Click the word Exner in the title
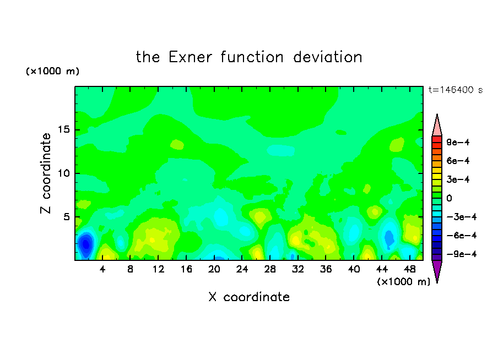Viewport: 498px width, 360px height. [190, 57]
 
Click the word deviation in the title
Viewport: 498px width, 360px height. [327, 57]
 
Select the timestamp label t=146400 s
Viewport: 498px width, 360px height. [456, 90]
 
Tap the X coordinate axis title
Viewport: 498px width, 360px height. [249, 297]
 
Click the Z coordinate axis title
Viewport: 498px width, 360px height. [46, 173]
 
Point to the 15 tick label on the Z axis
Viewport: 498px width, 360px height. [63, 129]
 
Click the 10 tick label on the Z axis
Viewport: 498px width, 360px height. [63, 173]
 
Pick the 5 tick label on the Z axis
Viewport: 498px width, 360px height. [67, 217]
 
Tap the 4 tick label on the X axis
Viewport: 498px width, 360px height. [102, 269]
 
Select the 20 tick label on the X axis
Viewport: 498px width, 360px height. [214, 269]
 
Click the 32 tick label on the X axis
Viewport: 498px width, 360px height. [298, 269]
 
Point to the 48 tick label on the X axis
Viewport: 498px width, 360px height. [410, 269]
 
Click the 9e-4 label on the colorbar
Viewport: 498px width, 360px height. [458, 142]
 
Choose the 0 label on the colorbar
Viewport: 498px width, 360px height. [449, 198]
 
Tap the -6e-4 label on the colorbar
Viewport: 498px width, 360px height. [462, 236]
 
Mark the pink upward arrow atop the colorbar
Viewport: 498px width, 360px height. [437, 126]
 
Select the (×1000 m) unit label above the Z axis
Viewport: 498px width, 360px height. [52, 71]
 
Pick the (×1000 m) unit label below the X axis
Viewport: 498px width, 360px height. [403, 282]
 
